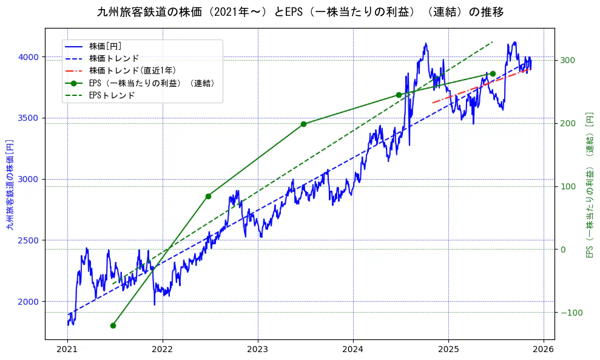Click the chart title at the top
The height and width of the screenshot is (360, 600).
click(x=300, y=12)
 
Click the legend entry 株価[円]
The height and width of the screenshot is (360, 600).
click(x=106, y=46)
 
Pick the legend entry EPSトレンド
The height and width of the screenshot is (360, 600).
click(x=112, y=95)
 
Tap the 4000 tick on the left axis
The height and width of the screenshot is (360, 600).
click(x=31, y=57)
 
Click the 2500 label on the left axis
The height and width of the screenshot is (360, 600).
click(x=31, y=240)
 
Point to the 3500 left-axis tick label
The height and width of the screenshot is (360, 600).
click(x=31, y=118)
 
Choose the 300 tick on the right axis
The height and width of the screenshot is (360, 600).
click(x=568, y=60)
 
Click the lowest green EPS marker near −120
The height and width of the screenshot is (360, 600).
click(x=113, y=325)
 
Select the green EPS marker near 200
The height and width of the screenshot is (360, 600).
click(x=303, y=124)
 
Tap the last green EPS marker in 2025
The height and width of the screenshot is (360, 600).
click(x=493, y=73)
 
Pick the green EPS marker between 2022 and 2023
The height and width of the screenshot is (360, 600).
click(x=208, y=196)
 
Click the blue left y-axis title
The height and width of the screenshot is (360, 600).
click(x=10, y=184)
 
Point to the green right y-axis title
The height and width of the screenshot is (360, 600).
click(x=588, y=184)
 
